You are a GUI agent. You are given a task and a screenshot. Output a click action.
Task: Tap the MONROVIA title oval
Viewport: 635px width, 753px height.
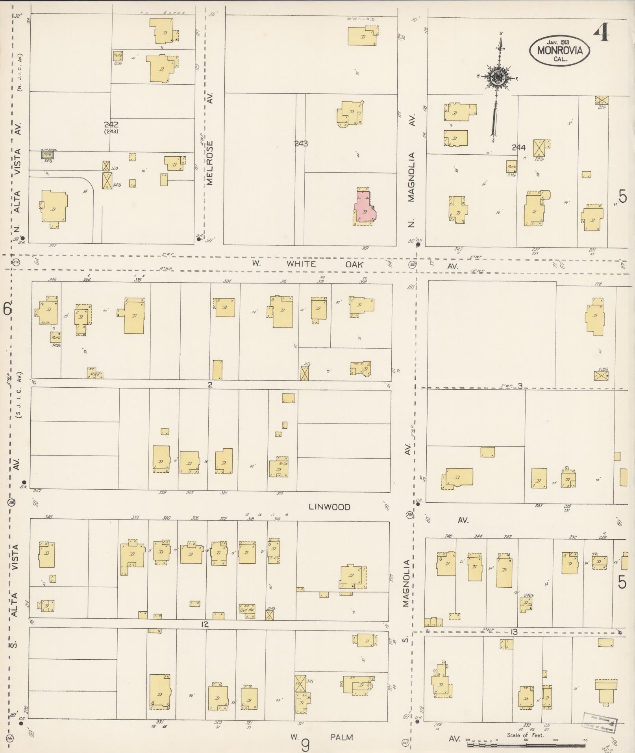tap(559, 50)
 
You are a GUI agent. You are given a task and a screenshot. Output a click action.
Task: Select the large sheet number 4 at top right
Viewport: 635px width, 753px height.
tap(602, 32)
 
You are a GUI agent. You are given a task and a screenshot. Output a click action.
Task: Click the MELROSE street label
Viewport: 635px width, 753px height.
tap(209, 163)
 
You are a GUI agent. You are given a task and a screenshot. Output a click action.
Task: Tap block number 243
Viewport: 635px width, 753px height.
tap(301, 144)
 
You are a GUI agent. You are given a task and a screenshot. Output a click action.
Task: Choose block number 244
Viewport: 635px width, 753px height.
tap(519, 148)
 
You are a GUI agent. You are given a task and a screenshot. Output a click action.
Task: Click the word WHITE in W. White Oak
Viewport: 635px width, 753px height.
tap(301, 264)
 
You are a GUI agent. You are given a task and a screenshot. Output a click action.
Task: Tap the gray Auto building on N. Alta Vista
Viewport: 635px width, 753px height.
tap(48, 155)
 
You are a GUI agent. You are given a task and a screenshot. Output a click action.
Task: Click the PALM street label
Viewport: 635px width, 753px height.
tap(342, 737)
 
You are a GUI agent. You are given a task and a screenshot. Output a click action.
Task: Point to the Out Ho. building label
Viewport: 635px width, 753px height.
tap(246, 610)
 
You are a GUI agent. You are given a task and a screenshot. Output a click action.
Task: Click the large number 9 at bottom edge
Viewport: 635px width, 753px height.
tap(305, 744)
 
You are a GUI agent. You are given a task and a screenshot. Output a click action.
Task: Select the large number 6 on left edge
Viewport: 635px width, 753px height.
tap(7, 309)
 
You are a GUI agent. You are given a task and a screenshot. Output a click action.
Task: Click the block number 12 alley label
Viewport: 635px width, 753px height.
tap(204, 624)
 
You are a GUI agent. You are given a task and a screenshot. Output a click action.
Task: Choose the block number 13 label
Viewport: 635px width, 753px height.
tap(513, 632)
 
